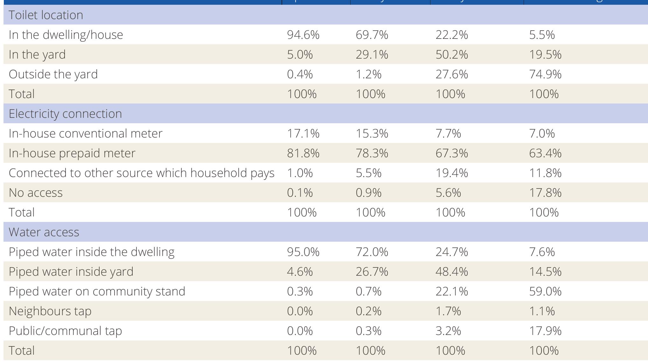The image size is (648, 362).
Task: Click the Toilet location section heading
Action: (x=46, y=15)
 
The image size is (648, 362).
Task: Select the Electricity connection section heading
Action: (x=65, y=114)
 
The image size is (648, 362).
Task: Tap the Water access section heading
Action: (x=44, y=232)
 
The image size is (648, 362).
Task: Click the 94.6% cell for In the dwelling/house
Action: (x=303, y=35)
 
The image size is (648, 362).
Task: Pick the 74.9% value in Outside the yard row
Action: (x=545, y=74)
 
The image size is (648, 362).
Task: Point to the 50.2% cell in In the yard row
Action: (x=451, y=54)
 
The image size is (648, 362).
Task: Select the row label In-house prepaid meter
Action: (x=72, y=153)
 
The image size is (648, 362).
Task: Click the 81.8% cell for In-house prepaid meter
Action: (x=303, y=153)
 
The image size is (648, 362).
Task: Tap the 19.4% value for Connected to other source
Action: (x=451, y=173)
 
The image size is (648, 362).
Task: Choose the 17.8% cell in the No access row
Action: (x=545, y=193)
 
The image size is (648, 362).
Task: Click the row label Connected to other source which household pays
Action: (x=141, y=173)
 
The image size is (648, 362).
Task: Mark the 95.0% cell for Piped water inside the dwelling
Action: (x=303, y=252)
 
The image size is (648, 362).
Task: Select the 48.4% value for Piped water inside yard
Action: (x=451, y=272)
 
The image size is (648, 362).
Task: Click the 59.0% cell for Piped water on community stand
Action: (x=545, y=291)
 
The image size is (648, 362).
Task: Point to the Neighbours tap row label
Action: (x=50, y=311)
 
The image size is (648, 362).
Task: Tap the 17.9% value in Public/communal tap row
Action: (x=545, y=331)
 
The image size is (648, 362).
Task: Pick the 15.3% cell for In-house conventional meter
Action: (x=372, y=133)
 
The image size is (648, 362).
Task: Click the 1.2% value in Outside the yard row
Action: (x=368, y=74)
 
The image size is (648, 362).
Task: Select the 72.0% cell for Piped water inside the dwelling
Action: (x=372, y=252)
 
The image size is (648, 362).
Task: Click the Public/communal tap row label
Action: (x=65, y=331)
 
